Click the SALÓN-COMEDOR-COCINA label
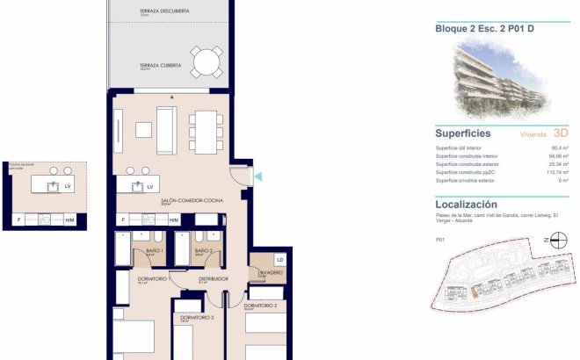click(191, 201)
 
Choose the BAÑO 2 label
click(204, 251)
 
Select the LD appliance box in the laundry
click(279, 261)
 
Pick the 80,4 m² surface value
click(559, 148)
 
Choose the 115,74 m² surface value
click(555, 172)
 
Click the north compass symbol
click(550, 239)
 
